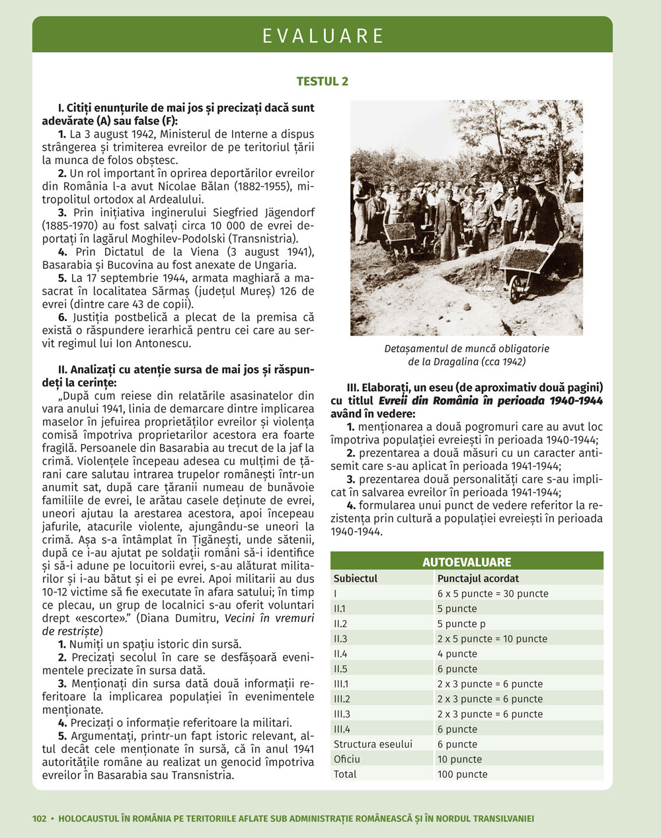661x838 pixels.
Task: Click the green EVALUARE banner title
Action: coord(323,36)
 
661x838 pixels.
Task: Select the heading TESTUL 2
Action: coord(323,81)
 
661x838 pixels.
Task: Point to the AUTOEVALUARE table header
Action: coord(467,562)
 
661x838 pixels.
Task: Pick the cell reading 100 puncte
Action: coord(462,774)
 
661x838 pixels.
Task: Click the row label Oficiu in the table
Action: coord(347,759)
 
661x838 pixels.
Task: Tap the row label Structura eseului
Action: coord(373,744)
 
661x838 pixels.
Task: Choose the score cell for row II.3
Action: coord(492,638)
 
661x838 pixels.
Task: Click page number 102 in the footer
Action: coord(40,819)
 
